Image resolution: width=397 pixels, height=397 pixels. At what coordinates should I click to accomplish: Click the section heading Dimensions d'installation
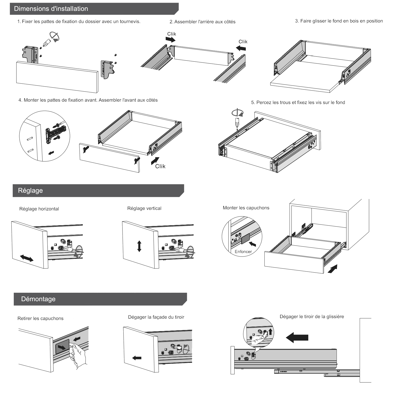[x=51, y=9]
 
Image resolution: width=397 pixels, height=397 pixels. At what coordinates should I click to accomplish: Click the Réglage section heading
[x=30, y=191]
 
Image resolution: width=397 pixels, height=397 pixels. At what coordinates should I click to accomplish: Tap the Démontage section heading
[x=38, y=299]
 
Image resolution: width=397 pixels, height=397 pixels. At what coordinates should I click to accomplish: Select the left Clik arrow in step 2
[x=170, y=39]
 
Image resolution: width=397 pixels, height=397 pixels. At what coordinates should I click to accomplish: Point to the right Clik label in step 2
[x=243, y=42]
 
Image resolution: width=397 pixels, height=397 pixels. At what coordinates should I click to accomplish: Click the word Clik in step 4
[x=160, y=166]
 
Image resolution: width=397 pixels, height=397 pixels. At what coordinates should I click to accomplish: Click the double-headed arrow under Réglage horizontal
[x=27, y=258]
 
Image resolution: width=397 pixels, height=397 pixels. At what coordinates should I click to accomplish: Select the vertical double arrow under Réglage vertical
[x=139, y=246]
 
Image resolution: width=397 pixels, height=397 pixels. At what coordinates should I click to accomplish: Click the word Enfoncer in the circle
[x=243, y=251]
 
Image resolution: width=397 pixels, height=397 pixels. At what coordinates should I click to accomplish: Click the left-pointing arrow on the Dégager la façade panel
[x=137, y=358]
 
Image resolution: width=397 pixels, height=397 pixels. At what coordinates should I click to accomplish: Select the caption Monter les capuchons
[x=246, y=208]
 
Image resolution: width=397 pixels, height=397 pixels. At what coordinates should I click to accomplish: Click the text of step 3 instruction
[x=339, y=21]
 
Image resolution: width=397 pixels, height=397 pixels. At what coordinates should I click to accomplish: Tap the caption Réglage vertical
[x=144, y=208]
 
